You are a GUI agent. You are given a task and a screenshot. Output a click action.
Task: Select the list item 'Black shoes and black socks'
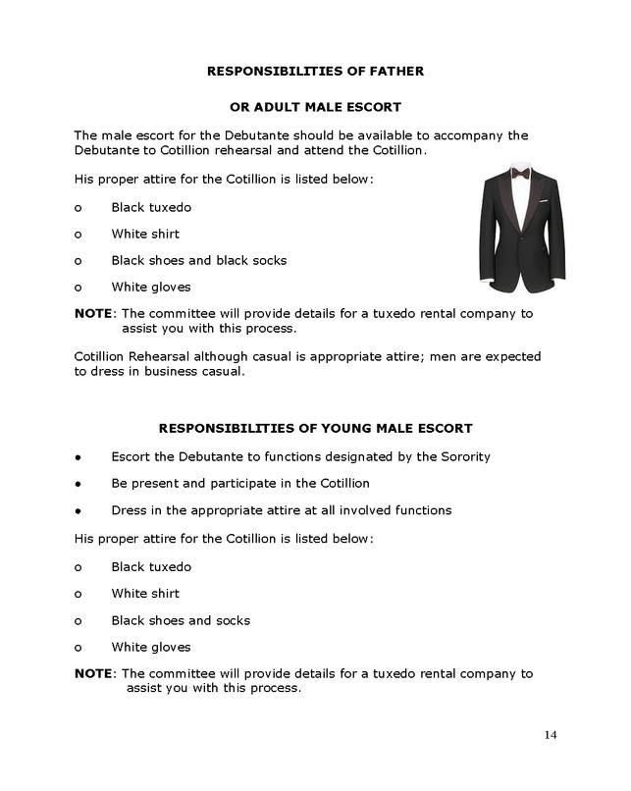pyautogui.click(x=199, y=261)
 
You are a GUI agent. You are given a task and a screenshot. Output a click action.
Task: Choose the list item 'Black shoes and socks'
pyautogui.click(x=181, y=620)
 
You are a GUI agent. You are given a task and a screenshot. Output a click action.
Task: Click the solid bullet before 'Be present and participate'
pyautogui.click(x=78, y=485)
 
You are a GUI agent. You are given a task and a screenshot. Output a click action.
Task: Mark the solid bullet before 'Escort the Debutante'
pyautogui.click(x=78, y=457)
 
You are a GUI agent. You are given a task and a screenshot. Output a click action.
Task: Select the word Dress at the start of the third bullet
pyautogui.click(x=130, y=510)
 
